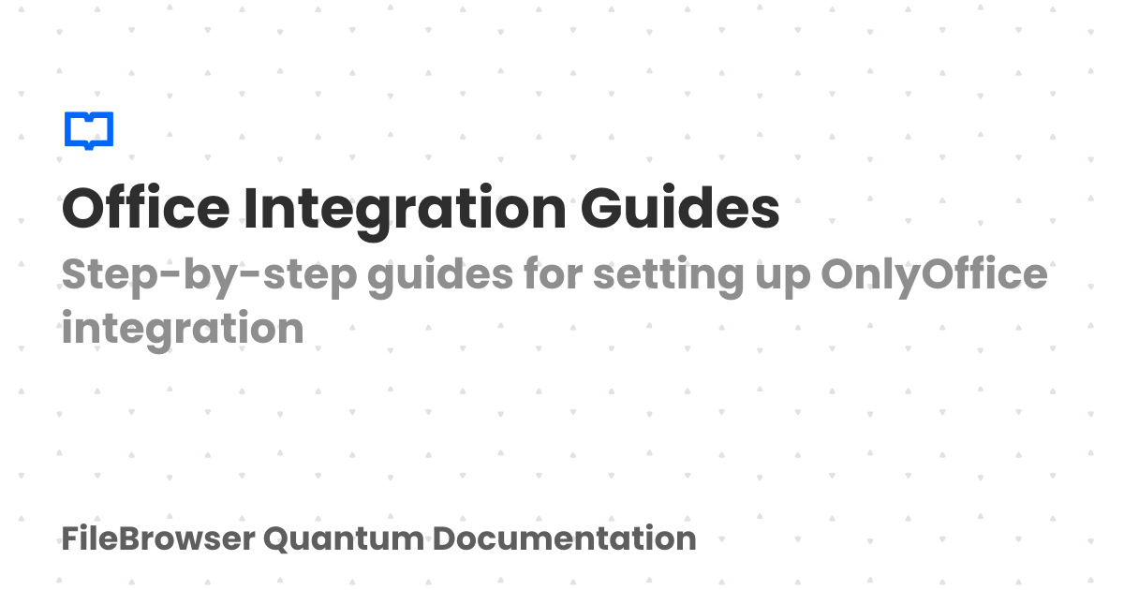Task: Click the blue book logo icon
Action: click(x=89, y=130)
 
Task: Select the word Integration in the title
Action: click(x=405, y=210)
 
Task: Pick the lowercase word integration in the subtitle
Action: click(x=183, y=330)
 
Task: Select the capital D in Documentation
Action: click(x=445, y=538)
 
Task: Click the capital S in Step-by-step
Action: click(x=74, y=275)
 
